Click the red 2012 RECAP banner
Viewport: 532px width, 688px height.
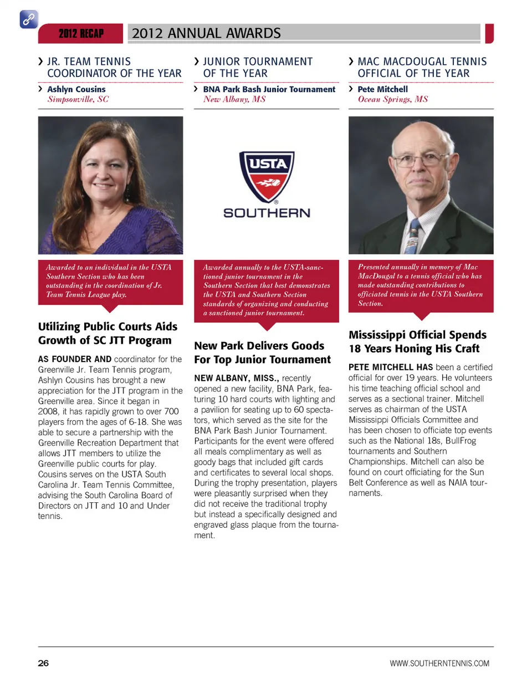coord(81,34)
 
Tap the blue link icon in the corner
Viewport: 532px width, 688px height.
coord(29,19)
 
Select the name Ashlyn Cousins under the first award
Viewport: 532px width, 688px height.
coord(76,89)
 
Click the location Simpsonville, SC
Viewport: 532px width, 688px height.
coord(78,99)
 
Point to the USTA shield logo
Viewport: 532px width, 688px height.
coord(267,176)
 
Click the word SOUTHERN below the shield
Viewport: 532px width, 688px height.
coord(267,213)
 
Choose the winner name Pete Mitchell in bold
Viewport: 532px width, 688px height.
coord(382,89)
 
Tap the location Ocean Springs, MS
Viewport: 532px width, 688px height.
coord(392,99)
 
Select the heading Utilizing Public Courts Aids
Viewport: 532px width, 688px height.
coord(108,327)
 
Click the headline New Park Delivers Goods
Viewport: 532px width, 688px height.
coord(259,346)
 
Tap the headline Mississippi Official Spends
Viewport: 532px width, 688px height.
coord(417,335)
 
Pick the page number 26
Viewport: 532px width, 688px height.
coord(43,663)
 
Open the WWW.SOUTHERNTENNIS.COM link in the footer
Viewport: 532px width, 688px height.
coord(439,664)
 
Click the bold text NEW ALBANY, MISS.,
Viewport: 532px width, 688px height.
coord(236,378)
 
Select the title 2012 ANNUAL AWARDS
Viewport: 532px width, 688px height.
coord(206,34)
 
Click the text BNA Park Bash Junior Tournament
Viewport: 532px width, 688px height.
coord(269,89)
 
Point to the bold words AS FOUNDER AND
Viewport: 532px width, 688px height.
coord(75,359)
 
